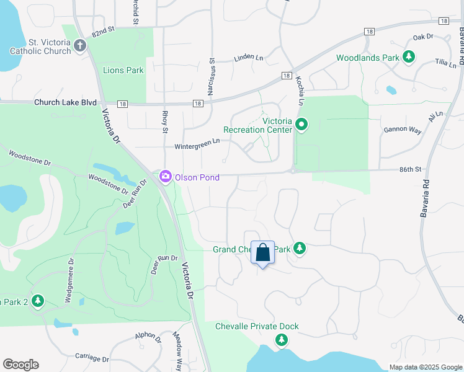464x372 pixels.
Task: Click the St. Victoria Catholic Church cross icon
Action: point(79,45)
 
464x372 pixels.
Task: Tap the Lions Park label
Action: point(123,70)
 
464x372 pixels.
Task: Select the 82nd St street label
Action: point(104,30)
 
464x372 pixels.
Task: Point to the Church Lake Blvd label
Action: point(66,102)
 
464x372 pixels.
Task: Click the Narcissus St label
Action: point(211,77)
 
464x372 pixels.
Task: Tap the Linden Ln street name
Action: point(248,58)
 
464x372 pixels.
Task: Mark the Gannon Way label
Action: point(403,130)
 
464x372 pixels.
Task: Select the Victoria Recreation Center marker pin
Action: point(301,125)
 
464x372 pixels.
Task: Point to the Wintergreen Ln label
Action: point(197,141)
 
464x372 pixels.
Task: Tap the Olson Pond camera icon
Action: point(165,177)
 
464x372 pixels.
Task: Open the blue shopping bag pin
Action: point(262,253)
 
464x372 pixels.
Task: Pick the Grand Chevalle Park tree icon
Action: point(300,249)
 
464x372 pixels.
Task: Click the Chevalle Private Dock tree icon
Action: point(282,339)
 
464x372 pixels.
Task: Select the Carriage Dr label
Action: point(92,358)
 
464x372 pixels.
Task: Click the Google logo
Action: point(20,365)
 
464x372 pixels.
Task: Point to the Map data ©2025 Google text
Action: point(425,367)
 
